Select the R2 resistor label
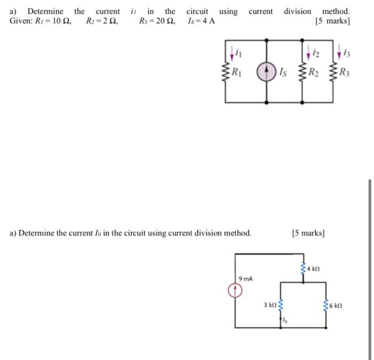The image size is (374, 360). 320,73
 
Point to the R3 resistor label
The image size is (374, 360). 345,73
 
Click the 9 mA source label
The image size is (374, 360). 246,278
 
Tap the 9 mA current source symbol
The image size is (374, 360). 235,291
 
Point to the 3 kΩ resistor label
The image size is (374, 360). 269,305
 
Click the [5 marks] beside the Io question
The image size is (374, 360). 308,233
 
